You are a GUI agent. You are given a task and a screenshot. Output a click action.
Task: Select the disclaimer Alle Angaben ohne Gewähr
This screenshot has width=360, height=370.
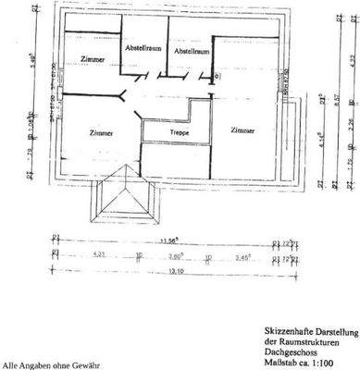pos(43,364)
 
